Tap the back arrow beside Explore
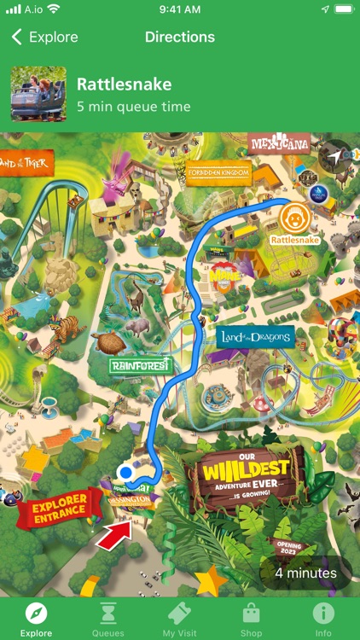(17, 38)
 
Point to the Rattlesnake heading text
(125, 84)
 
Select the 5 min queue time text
(133, 107)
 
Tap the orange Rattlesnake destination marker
(293, 219)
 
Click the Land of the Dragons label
(254, 337)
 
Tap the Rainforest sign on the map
(141, 365)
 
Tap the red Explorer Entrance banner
(60, 510)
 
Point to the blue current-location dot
(126, 472)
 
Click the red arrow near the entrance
(115, 535)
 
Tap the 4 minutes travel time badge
(305, 573)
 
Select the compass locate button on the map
(334, 157)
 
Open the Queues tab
(108, 619)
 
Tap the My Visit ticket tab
(180, 619)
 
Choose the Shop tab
(251, 619)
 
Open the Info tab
(323, 619)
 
